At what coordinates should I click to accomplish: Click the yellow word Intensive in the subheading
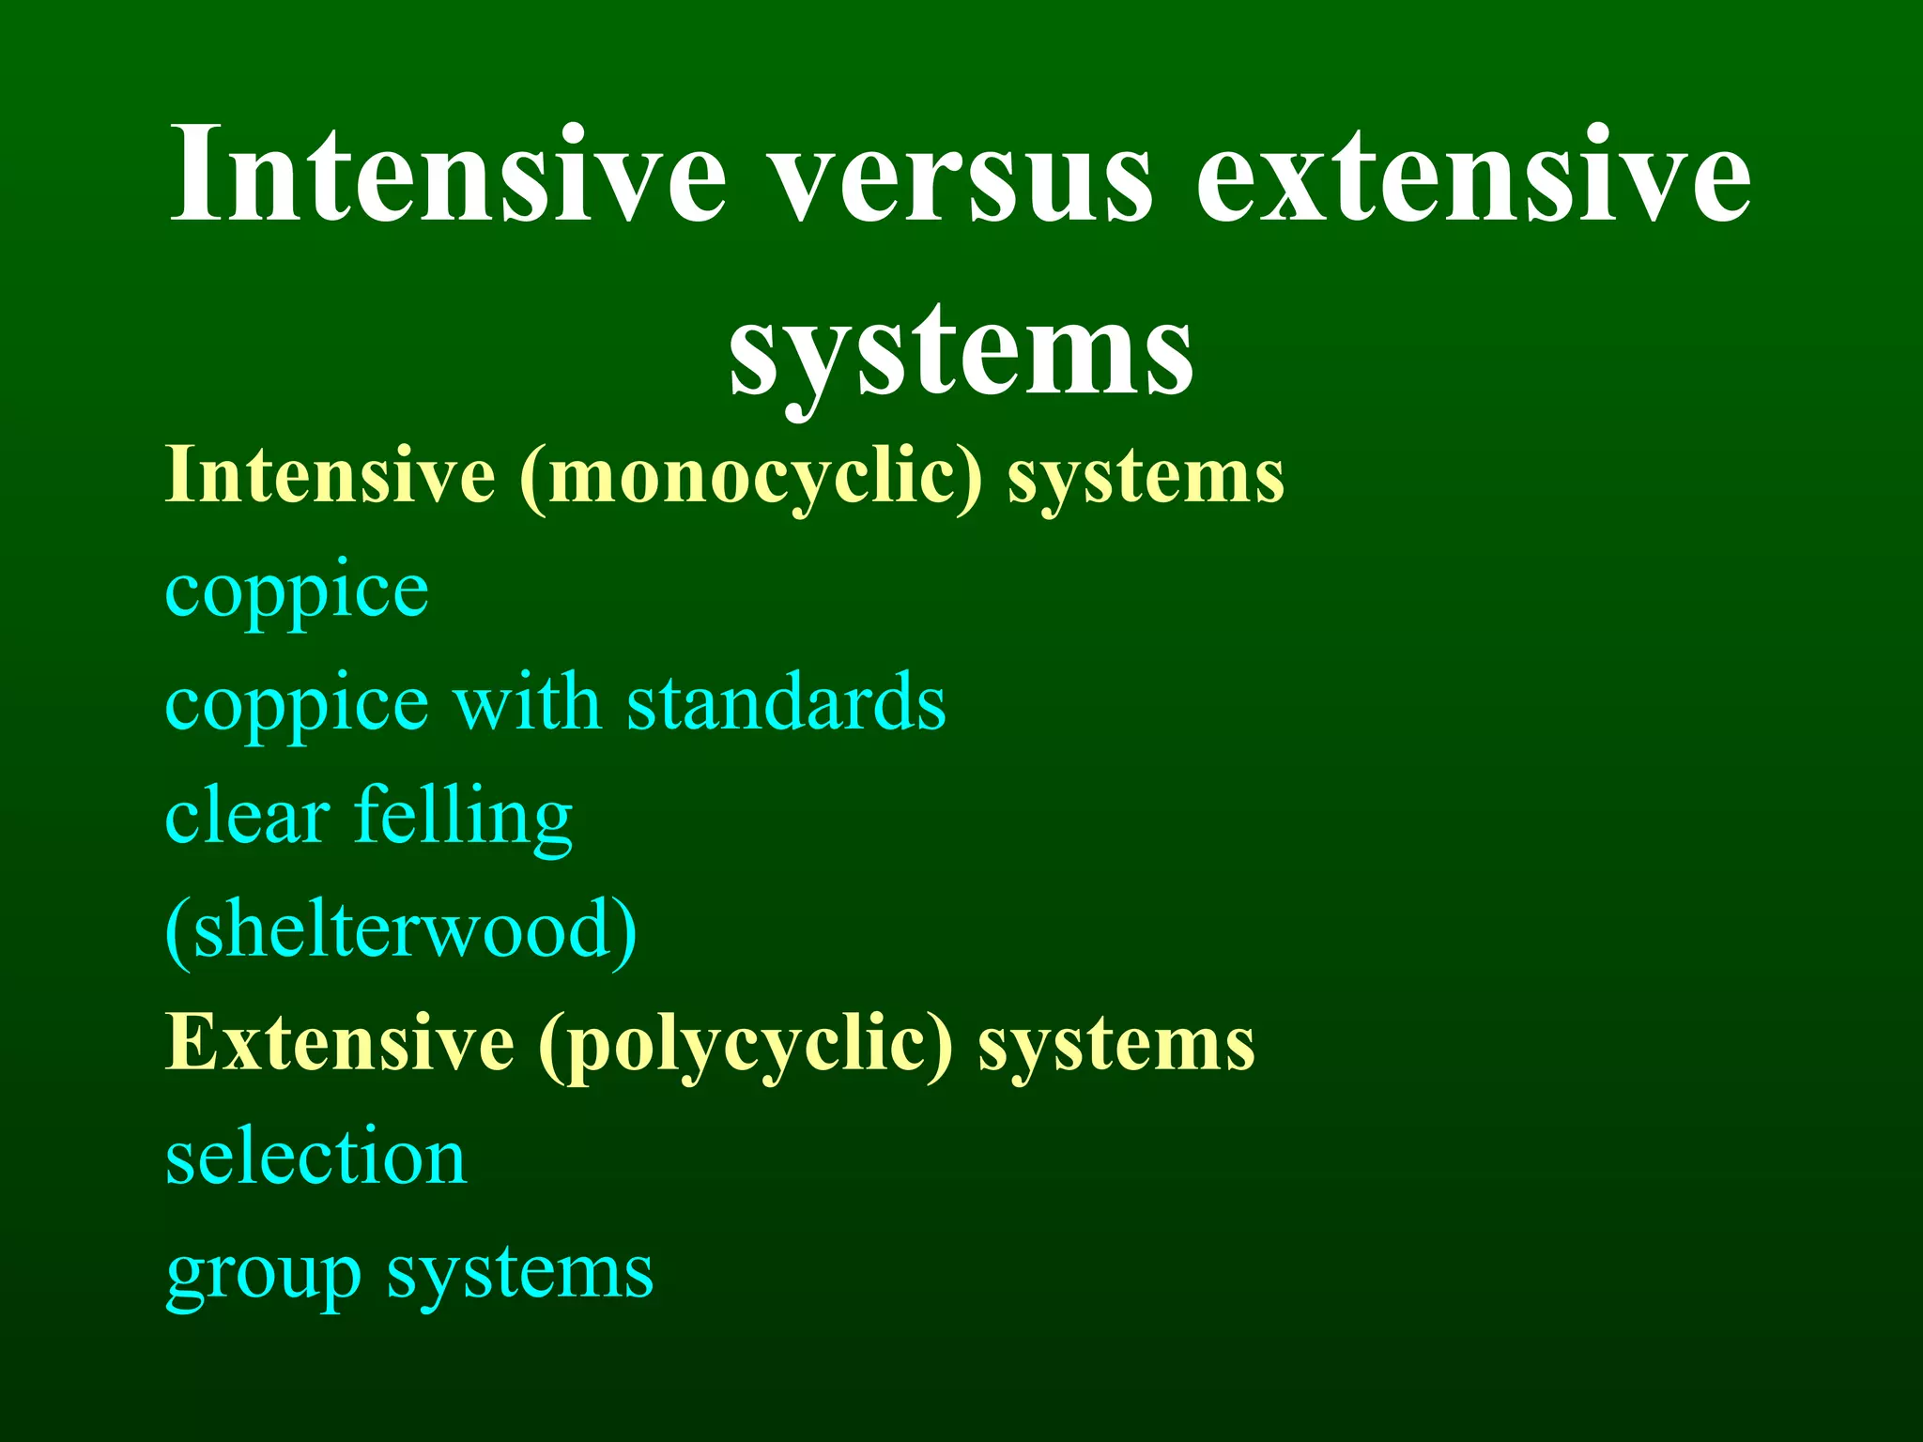(x=331, y=475)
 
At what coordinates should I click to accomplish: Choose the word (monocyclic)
(x=751, y=477)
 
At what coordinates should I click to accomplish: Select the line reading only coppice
(x=297, y=591)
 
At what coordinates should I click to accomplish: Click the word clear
(x=247, y=816)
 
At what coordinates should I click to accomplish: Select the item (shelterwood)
(x=401, y=931)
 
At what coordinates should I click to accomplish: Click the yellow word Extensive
(x=340, y=1043)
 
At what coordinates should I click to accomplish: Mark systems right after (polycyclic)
(x=1116, y=1046)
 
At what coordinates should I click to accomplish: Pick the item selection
(x=316, y=1157)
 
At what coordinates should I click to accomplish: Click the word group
(x=264, y=1276)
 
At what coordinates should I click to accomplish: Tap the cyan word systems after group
(x=520, y=1274)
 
